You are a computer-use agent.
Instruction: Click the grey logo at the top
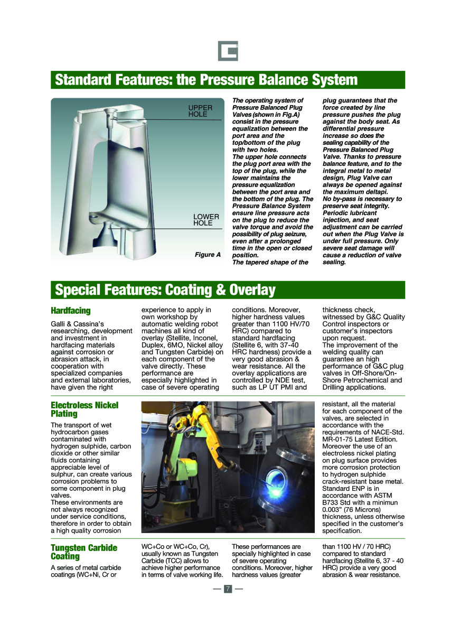coord(228,51)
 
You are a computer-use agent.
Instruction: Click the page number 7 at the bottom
coord(228,589)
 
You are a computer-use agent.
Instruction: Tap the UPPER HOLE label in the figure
coord(201,111)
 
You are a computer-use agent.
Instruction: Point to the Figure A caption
coord(208,255)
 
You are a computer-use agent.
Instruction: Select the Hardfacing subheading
coord(71,311)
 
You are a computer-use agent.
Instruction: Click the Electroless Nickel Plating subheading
coord(85,409)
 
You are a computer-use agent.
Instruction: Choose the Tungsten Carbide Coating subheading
coord(84,552)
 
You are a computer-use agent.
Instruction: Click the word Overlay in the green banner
coord(252,290)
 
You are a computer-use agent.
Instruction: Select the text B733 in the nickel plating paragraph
coord(331,502)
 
